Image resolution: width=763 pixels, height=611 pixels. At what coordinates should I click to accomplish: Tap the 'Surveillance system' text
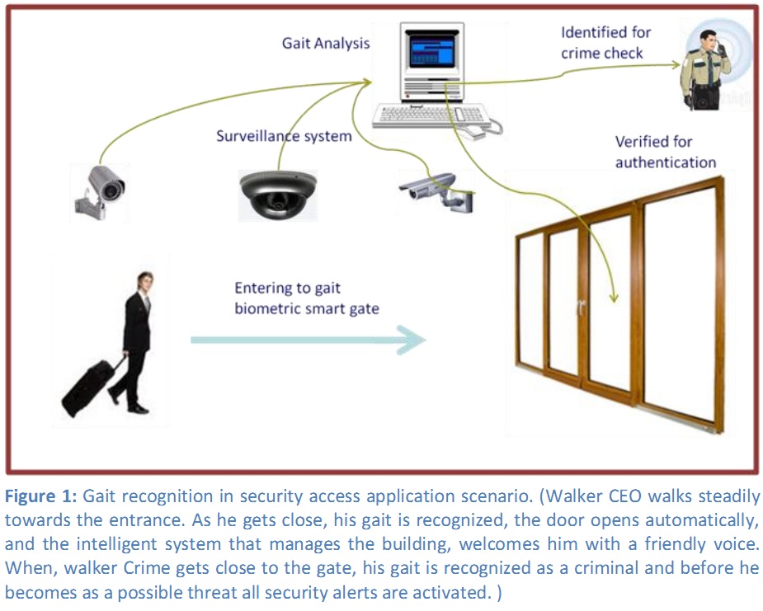[x=284, y=136]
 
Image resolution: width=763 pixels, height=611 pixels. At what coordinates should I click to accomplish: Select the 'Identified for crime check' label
[x=605, y=42]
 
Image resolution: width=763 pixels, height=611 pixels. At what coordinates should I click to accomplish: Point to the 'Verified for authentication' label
[x=665, y=152]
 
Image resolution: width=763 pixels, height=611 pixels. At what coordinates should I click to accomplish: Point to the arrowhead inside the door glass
[x=613, y=296]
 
